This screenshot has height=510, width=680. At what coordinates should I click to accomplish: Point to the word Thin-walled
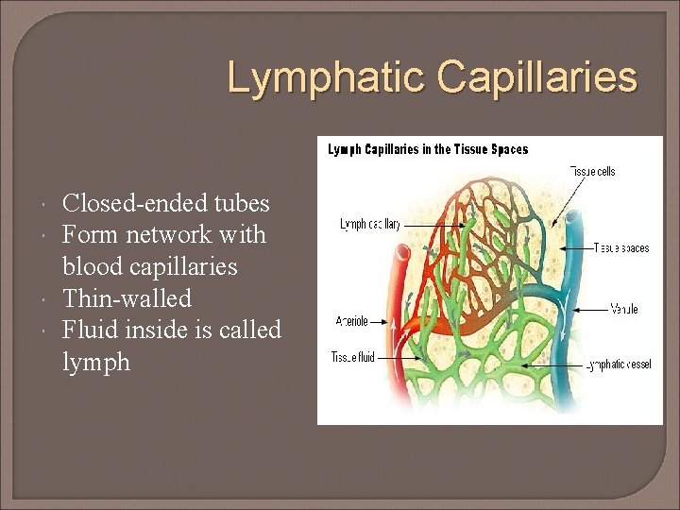(x=127, y=298)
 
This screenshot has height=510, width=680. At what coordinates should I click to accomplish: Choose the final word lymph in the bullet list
(x=96, y=362)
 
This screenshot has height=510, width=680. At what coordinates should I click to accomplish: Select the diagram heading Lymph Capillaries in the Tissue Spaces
(x=428, y=149)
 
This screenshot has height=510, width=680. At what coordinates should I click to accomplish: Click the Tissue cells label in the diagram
(x=592, y=172)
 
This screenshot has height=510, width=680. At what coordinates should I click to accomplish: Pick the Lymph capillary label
(x=370, y=225)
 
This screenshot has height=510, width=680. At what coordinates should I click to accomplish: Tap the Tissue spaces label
(x=620, y=248)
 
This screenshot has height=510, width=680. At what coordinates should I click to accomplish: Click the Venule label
(x=623, y=309)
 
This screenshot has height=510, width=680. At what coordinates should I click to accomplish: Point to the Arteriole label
(x=351, y=321)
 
